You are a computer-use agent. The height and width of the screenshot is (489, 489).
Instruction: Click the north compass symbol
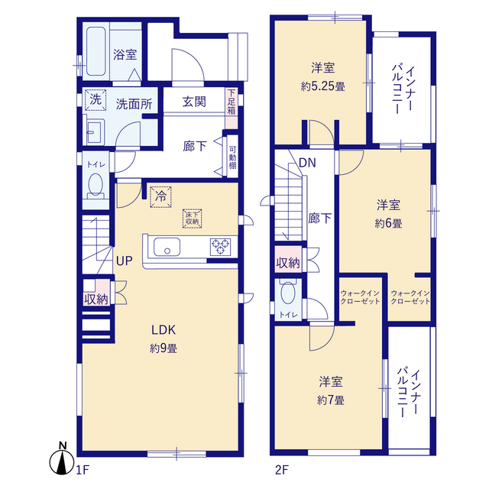63,461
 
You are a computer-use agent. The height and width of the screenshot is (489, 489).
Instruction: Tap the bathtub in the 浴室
96,51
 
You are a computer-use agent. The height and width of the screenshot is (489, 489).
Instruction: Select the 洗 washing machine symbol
96,100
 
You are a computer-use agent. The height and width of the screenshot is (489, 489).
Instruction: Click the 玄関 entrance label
194,102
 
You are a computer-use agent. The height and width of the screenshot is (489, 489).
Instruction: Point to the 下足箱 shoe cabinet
232,108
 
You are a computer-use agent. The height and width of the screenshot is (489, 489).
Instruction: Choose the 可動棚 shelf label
232,157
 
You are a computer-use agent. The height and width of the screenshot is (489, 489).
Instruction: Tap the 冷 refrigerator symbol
160,197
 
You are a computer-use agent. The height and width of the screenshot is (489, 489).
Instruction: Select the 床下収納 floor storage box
192,219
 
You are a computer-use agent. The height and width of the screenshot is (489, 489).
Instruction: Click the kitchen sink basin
167,247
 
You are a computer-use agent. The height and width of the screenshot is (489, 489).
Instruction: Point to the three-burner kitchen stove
221,247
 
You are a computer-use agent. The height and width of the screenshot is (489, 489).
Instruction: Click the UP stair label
124,261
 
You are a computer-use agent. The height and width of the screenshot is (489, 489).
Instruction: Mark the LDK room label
164,330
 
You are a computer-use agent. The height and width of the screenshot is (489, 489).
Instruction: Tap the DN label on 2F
307,163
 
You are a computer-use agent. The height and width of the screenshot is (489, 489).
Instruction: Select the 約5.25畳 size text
322,86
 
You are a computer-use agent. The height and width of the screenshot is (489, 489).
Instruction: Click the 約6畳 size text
388,223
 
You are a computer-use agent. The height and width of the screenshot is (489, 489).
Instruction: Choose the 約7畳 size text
331,400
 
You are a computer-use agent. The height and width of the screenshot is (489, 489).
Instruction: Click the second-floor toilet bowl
288,293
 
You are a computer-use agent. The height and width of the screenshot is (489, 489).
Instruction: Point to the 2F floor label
282,470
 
